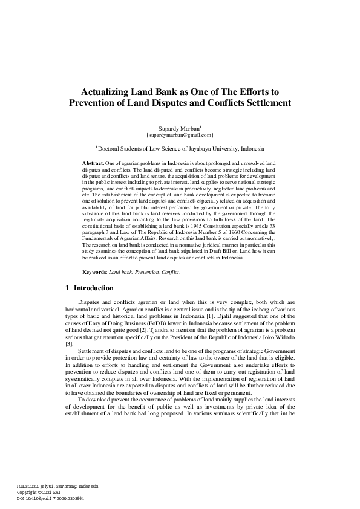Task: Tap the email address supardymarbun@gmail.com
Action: click(x=180, y=135)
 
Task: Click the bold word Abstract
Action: click(x=93, y=164)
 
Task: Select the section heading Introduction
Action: click(x=93, y=288)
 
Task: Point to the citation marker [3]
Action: click(x=69, y=343)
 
